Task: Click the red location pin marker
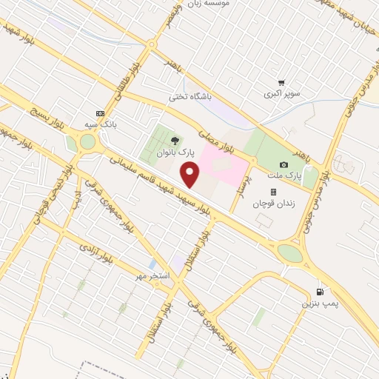[x=191, y=175]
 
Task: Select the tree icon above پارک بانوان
[x=175, y=139]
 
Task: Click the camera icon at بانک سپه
[x=99, y=113]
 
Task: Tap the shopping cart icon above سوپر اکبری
[x=281, y=83]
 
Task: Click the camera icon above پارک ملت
[x=284, y=164]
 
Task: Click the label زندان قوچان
[x=273, y=204]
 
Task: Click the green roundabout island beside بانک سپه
[x=89, y=143]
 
